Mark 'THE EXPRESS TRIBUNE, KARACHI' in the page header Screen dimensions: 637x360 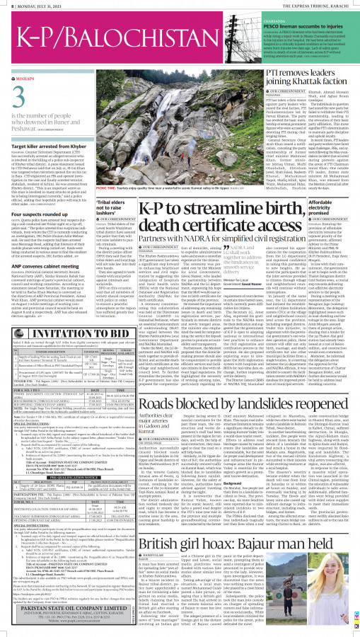[318, 5]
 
